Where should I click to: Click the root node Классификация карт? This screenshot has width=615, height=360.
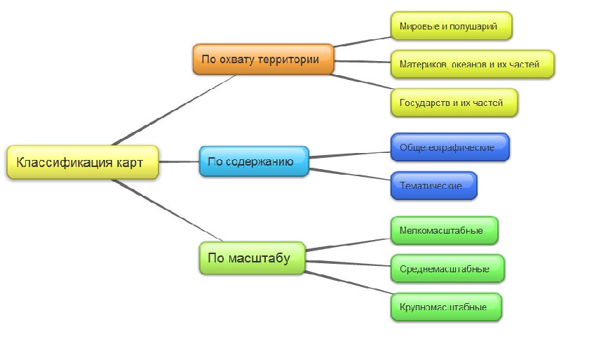point(81,162)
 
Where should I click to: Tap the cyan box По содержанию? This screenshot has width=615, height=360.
point(253,161)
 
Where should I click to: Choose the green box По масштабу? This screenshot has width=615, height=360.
point(252,258)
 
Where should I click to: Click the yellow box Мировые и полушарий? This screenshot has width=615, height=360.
point(451,27)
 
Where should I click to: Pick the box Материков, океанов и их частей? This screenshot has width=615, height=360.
point(472,64)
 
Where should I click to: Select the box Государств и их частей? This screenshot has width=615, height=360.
point(454,102)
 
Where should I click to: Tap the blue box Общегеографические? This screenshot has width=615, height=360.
point(449,147)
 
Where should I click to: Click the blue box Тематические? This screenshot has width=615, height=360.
point(433,186)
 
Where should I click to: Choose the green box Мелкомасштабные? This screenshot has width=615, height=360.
point(444,230)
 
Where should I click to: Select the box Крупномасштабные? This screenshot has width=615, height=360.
point(445,307)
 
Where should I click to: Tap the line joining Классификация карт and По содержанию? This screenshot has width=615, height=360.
point(180,161)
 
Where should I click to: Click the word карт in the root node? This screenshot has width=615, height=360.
point(130,162)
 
